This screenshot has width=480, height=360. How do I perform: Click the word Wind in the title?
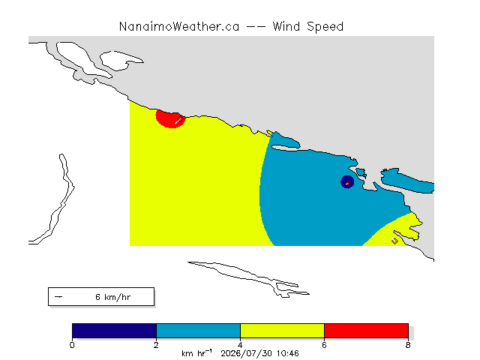tap(286, 26)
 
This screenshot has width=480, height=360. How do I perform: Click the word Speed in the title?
tap(325, 27)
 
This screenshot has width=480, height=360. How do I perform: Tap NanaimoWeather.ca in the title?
tap(179, 27)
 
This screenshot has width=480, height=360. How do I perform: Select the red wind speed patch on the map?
tap(169, 118)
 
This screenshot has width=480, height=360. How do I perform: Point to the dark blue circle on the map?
tap(347, 181)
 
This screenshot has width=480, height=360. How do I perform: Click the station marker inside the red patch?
tap(180, 119)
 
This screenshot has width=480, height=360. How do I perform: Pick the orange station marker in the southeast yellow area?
tap(394, 241)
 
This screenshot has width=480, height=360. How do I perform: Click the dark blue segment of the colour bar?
tap(114, 331)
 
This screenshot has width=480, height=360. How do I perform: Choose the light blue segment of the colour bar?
tap(198, 331)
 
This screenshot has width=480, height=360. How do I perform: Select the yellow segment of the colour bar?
tap(282, 331)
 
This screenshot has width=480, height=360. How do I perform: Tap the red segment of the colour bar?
tap(366, 331)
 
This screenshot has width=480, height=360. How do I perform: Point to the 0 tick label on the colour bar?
tap(72, 345)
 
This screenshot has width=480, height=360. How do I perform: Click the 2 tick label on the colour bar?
tap(156, 345)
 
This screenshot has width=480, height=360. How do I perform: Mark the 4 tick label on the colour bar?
tap(240, 345)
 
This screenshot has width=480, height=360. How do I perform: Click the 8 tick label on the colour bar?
tap(408, 345)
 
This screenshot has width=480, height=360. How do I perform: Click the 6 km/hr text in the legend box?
tap(113, 297)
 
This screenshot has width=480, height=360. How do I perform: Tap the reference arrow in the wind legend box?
tap(58, 297)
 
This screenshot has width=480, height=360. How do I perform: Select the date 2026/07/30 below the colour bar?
tap(247, 353)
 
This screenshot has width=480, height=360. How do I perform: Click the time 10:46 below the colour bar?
tap(288, 353)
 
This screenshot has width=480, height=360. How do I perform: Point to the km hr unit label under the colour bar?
tap(196, 353)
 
